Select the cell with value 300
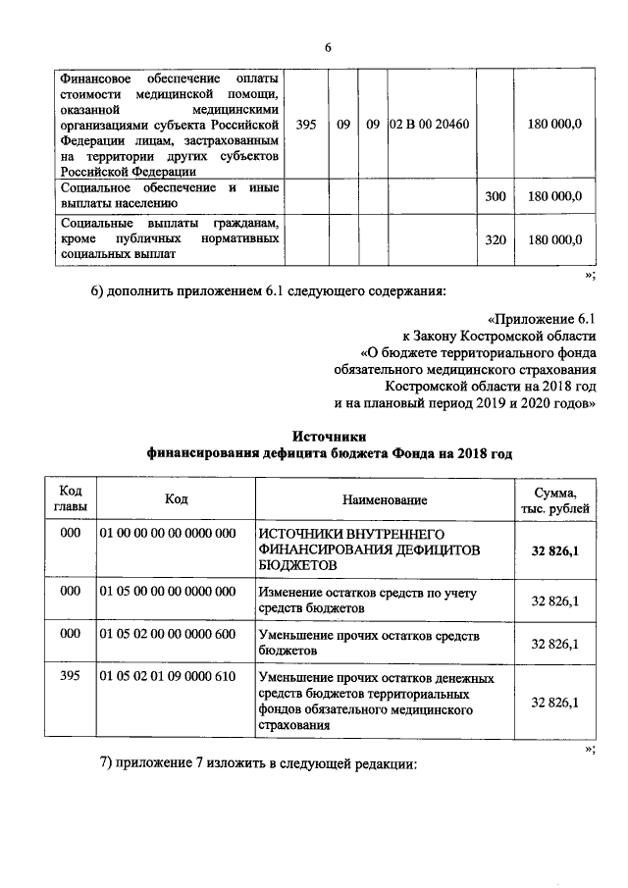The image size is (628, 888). [496, 196]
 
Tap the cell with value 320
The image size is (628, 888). [496, 239]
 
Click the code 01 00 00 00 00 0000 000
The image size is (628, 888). [167, 533]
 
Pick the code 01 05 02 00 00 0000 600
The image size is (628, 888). [167, 634]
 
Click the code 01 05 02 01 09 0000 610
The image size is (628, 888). [167, 677]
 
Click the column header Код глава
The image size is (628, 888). [71, 498]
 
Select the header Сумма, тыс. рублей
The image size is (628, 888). [554, 499]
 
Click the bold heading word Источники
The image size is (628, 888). [329, 435]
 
